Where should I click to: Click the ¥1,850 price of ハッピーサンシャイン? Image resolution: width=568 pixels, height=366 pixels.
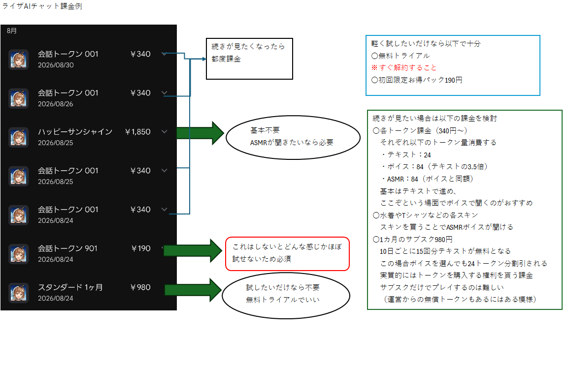[x=137, y=132]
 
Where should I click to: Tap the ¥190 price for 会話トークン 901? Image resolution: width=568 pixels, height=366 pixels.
[x=141, y=248]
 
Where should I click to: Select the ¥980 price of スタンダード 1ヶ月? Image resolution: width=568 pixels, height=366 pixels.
[x=140, y=287]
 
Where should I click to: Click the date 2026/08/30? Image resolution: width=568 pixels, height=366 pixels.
[x=56, y=65]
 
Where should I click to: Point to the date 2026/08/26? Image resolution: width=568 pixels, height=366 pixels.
[x=56, y=104]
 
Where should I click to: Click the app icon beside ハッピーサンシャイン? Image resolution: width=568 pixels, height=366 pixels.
[x=19, y=137]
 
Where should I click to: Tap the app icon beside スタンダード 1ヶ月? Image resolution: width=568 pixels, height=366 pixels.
[x=19, y=293]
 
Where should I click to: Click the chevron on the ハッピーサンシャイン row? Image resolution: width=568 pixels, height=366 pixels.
[x=165, y=132]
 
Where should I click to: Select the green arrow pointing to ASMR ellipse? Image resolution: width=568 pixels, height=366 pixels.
[x=200, y=133]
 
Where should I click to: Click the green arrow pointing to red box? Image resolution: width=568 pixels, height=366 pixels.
[x=193, y=250]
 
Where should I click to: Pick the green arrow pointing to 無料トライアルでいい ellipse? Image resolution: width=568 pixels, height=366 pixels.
[x=193, y=290]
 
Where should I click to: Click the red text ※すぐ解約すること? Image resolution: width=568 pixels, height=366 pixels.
[x=404, y=67]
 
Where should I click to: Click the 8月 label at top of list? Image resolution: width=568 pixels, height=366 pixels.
[x=12, y=30]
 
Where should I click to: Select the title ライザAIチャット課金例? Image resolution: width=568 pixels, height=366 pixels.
[x=42, y=6]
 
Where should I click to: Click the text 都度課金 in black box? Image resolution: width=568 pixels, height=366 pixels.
[x=226, y=59]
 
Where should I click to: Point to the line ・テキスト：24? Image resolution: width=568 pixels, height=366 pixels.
[x=405, y=155]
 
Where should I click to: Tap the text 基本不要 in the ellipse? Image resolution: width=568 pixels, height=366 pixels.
[x=265, y=130]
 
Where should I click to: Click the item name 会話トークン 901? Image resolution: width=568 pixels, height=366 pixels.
[x=68, y=248]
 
